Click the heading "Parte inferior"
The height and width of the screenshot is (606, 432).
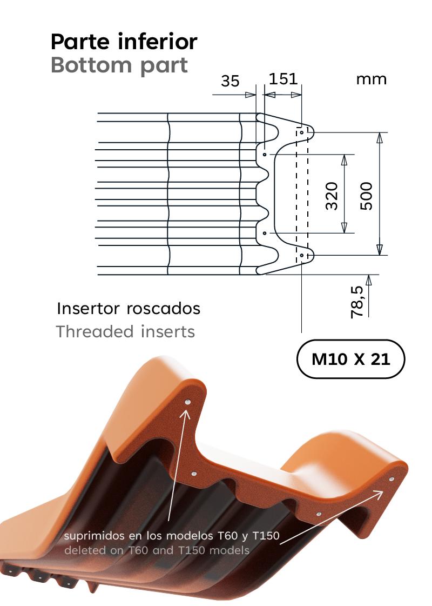point(124,42)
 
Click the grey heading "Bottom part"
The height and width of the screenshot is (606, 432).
point(119,65)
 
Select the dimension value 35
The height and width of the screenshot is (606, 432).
point(230,81)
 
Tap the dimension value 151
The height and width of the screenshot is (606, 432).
point(283,79)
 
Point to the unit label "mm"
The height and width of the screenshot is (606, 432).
point(372,79)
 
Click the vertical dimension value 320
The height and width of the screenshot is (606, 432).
point(332,196)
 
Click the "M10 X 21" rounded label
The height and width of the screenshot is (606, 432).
point(350,359)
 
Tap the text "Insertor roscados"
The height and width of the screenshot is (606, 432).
point(129,309)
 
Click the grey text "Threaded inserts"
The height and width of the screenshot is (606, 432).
point(125,331)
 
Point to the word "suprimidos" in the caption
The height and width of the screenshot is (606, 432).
point(93,537)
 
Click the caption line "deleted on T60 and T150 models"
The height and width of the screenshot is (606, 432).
point(157,551)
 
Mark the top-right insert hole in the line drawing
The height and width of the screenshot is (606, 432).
point(302,132)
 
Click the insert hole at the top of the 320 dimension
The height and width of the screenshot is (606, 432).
point(265,155)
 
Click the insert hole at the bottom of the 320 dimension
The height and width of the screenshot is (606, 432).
point(265,233)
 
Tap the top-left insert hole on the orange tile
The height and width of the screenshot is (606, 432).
point(187,402)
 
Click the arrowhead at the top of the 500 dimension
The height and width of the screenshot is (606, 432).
point(380,137)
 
